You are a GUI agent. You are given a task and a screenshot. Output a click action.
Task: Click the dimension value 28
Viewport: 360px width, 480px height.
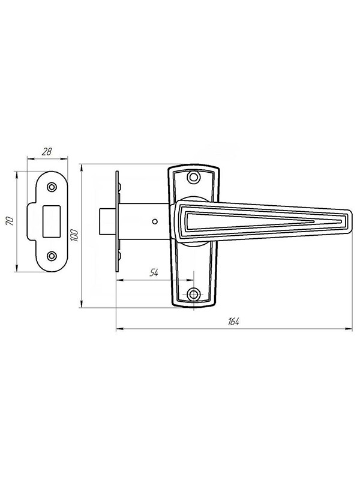(x=47, y=152)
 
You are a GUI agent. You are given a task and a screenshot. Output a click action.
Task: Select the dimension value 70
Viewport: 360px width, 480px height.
(x=10, y=221)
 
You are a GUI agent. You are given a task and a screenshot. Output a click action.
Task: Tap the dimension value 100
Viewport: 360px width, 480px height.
(x=74, y=235)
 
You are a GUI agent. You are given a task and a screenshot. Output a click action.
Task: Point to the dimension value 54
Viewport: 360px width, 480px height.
(x=154, y=272)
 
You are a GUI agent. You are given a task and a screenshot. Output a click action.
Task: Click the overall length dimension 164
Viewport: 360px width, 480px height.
(x=233, y=322)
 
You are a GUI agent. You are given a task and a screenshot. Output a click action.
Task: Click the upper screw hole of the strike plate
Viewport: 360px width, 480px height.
(x=52, y=187)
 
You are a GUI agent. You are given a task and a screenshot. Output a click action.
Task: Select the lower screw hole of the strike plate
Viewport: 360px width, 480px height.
(x=52, y=256)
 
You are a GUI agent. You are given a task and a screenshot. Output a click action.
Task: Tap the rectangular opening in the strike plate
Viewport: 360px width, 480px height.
(x=52, y=221)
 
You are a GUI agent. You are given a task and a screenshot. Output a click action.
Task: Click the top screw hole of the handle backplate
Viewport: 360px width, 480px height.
(x=193, y=177)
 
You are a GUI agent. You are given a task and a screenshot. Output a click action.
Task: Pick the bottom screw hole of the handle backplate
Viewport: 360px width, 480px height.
(x=193, y=295)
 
